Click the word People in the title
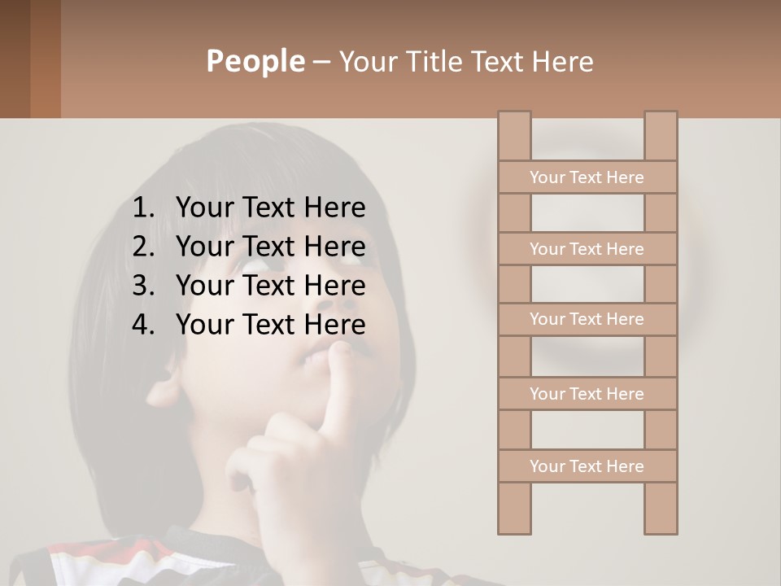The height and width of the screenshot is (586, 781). click(255, 61)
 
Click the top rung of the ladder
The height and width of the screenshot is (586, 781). click(587, 177)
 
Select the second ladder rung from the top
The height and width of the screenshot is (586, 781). click(587, 249)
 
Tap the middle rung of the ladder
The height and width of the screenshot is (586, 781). click(587, 319)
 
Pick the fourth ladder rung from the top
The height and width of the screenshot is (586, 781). click(587, 394)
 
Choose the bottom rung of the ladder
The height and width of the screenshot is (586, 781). click(587, 466)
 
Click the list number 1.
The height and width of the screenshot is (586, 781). click(142, 208)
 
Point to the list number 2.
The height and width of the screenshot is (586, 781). click(142, 247)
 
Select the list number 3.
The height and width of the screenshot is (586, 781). click(142, 286)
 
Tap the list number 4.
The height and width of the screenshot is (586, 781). click(142, 325)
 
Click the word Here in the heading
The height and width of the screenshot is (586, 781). click(563, 61)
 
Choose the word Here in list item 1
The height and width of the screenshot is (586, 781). click(334, 208)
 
